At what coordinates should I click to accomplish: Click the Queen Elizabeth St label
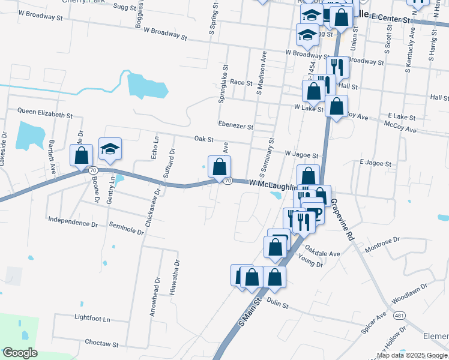click(x=44, y=112)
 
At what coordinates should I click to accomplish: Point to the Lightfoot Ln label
click(x=92, y=319)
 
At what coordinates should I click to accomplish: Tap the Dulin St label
click(x=277, y=305)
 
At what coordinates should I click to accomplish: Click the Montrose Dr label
click(x=382, y=243)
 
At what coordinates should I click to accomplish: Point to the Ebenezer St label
click(x=236, y=126)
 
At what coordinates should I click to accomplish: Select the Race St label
click(x=241, y=82)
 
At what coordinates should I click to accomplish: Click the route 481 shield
click(x=400, y=315)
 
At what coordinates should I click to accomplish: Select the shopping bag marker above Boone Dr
click(x=81, y=155)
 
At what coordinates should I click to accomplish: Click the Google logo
click(x=20, y=353)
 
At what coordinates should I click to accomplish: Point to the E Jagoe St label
click(x=375, y=163)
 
